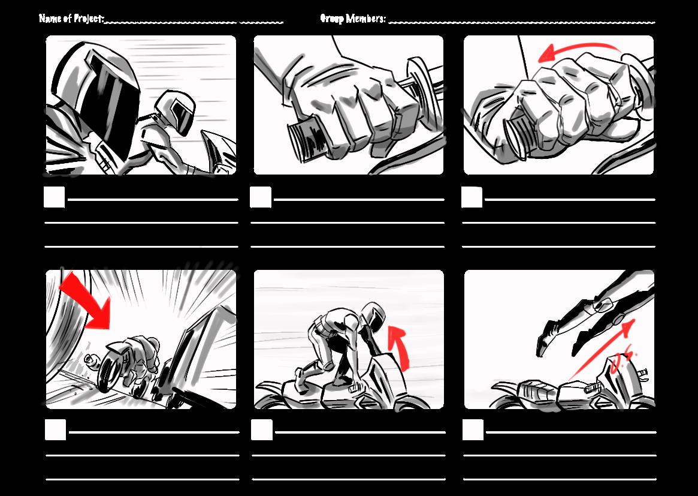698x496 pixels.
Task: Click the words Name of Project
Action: coord(71,19)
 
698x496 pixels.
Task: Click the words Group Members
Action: coord(352,19)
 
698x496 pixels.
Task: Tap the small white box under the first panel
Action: coord(55,197)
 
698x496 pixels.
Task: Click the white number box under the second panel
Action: coord(261,197)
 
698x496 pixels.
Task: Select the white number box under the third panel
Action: coord(472,197)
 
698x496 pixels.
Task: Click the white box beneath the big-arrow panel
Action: coord(55,430)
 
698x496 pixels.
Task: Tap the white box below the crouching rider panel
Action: coord(262,430)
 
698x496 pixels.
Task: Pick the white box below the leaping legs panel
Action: coord(473,430)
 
